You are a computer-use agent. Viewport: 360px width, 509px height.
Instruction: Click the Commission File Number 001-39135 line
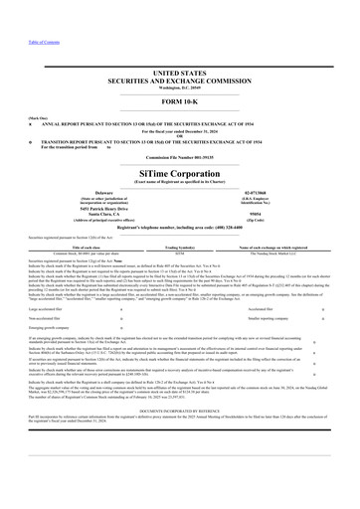[x=179, y=157]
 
